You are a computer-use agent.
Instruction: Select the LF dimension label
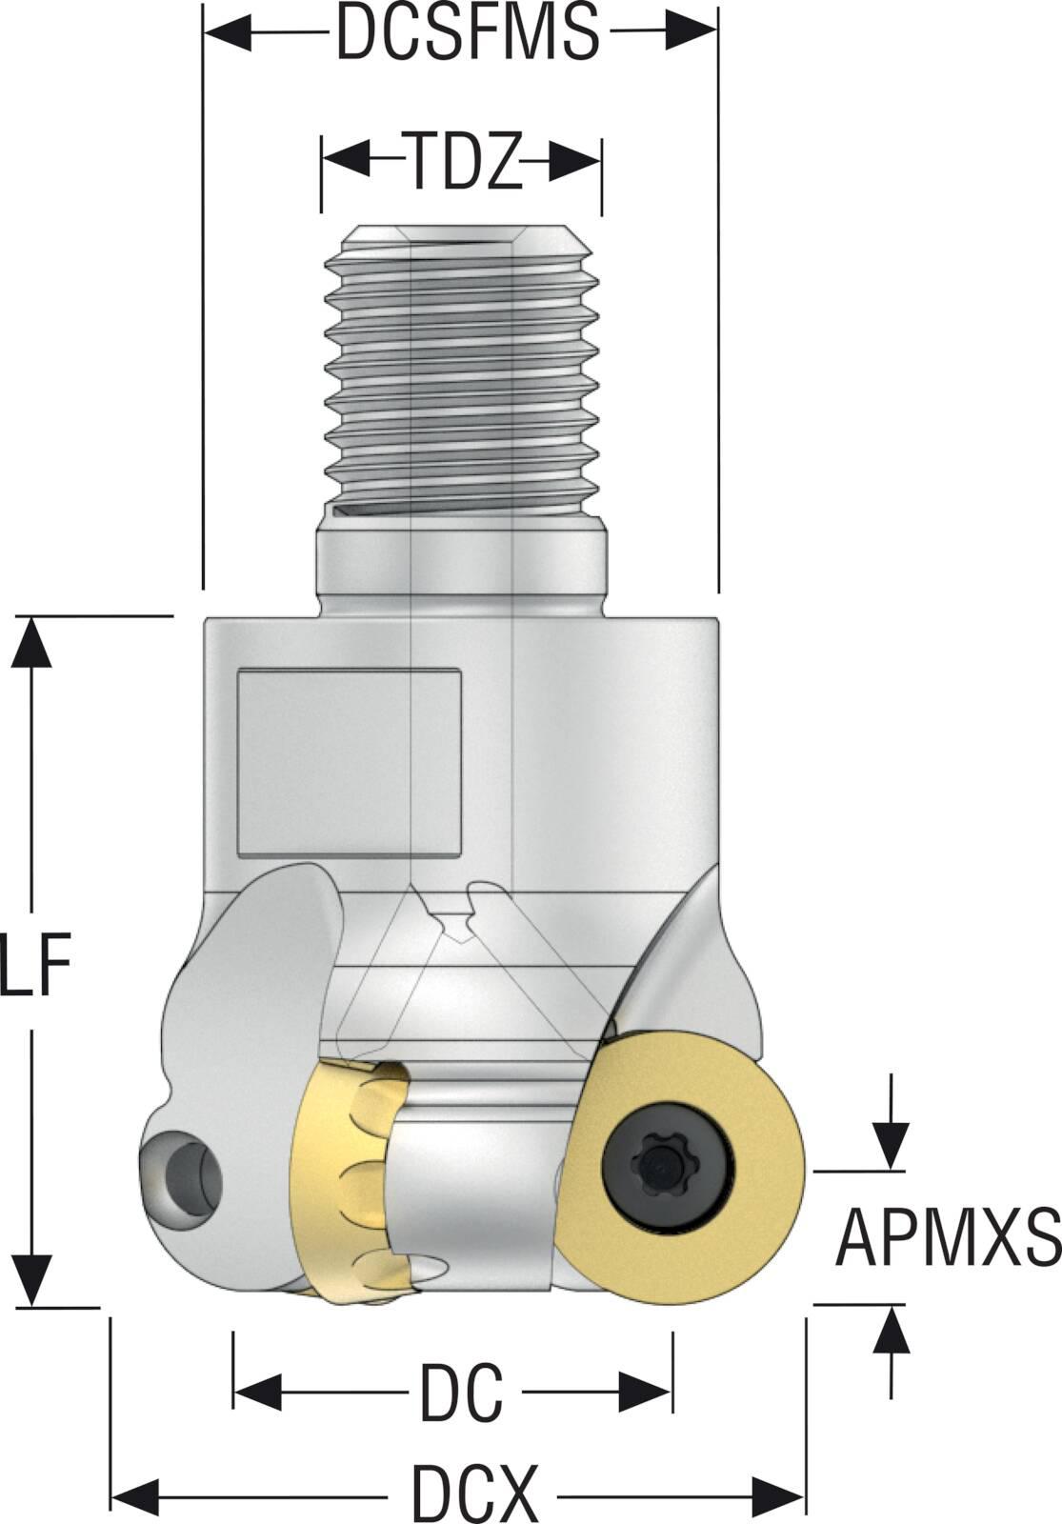[x=36, y=963]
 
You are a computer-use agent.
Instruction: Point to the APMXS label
[x=947, y=1238]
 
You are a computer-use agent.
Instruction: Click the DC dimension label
[x=461, y=1392]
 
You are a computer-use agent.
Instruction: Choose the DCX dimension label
[x=474, y=1492]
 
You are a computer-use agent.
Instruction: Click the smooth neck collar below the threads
[x=462, y=567]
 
